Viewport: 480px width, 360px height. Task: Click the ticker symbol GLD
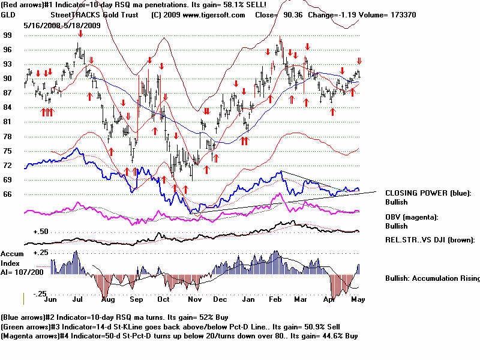click(9, 14)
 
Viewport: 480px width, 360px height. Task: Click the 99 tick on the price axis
click(8, 35)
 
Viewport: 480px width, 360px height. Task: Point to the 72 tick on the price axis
click(8, 165)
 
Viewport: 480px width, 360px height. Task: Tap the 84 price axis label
click(8, 107)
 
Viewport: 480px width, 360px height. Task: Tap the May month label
click(358, 298)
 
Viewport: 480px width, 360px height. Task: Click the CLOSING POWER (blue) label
click(428, 193)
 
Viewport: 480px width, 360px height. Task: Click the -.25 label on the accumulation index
click(40, 293)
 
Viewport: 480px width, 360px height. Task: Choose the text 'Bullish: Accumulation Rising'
click(432, 278)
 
